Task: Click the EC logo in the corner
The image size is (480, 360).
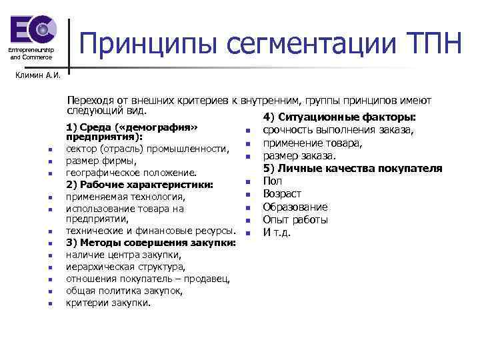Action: click(31, 31)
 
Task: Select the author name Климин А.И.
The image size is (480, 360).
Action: click(38, 75)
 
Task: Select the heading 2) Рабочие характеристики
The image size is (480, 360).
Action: click(139, 184)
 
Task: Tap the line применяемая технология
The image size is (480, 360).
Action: click(125, 197)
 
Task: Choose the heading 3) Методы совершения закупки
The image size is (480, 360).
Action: click(151, 242)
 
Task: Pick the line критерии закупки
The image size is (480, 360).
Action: click(109, 303)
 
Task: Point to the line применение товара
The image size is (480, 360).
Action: click(313, 143)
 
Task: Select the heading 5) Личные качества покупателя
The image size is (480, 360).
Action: click(353, 168)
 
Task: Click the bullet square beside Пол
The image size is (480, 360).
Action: click(246, 182)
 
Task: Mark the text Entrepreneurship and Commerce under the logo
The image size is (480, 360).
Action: click(31, 54)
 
